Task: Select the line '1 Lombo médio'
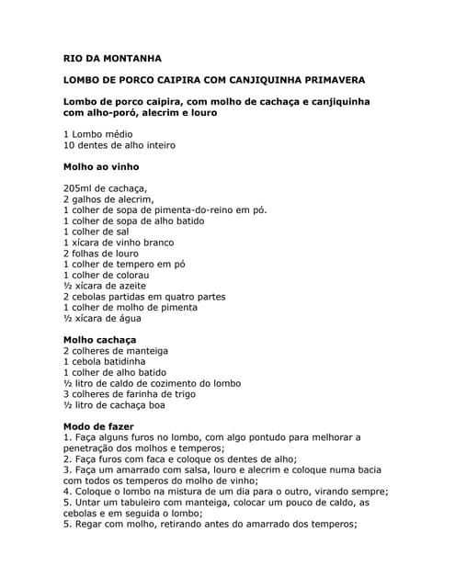pyautogui.click(x=97, y=134)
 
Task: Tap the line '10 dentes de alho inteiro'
pyautogui.click(x=119, y=145)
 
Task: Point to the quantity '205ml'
pyautogui.click(x=79, y=188)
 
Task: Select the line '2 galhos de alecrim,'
pyautogui.click(x=108, y=199)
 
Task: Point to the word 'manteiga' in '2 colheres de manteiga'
pyautogui.click(x=144, y=351)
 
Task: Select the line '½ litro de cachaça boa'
pyautogui.click(x=114, y=405)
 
